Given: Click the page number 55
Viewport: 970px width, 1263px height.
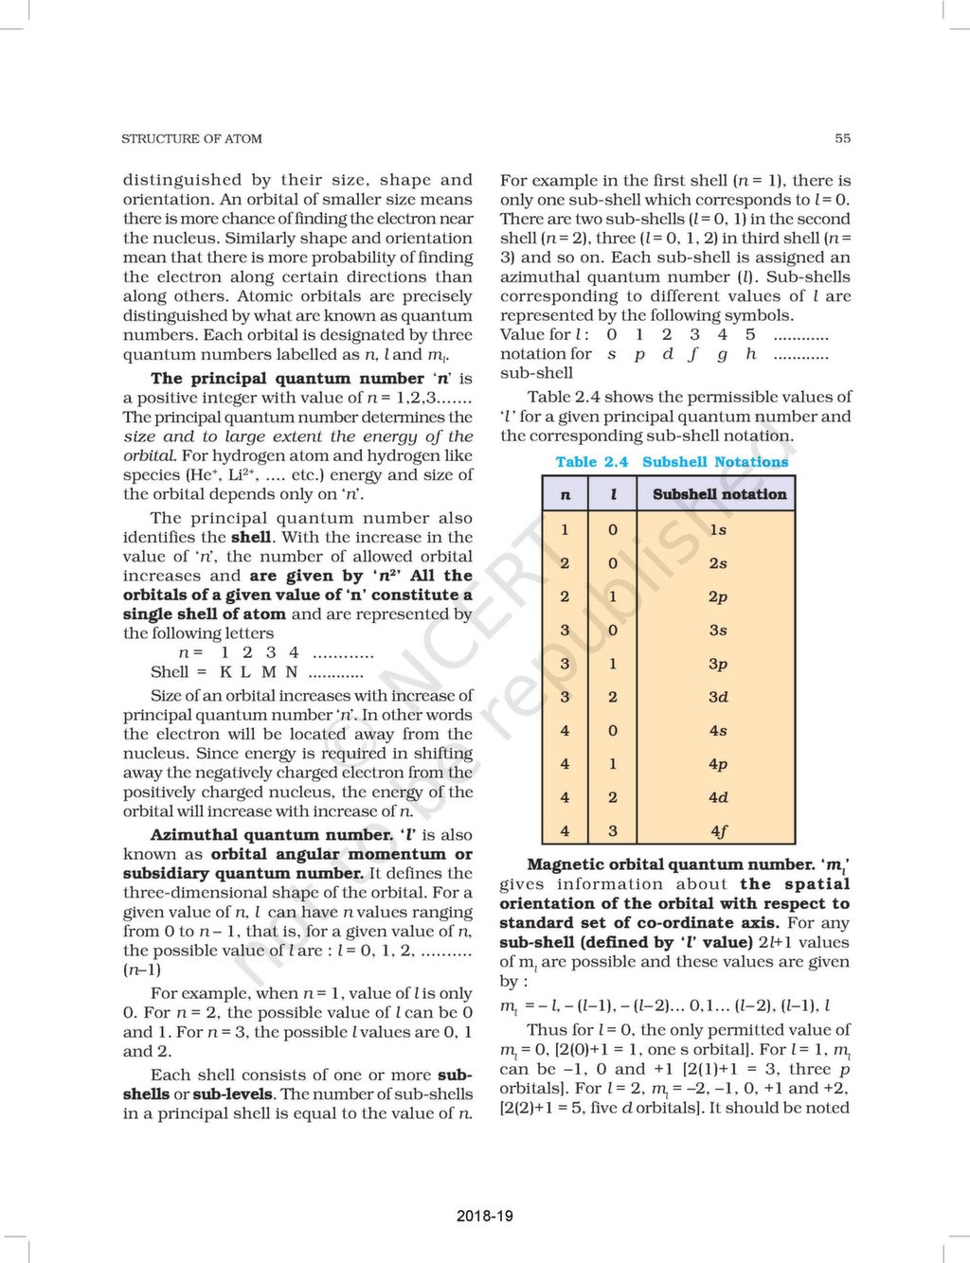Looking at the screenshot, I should click(842, 138).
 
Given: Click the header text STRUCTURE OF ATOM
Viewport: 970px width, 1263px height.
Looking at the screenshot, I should click(191, 138).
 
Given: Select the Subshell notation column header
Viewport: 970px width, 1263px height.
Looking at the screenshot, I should click(719, 494).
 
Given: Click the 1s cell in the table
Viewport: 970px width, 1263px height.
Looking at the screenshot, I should click(718, 530).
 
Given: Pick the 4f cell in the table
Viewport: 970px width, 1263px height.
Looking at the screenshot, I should click(718, 831).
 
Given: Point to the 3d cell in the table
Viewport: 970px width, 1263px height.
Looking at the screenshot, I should click(718, 698).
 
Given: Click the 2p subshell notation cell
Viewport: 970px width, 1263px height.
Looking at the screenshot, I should click(718, 597).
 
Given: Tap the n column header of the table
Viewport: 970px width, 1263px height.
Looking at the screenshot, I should click(566, 494).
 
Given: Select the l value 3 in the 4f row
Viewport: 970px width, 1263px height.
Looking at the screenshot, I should click(613, 831).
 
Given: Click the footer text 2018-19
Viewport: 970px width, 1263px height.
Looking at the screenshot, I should click(484, 1216).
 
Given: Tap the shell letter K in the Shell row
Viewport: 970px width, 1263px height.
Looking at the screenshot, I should click(225, 672).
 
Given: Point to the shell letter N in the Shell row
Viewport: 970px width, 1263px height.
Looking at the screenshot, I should click(292, 672).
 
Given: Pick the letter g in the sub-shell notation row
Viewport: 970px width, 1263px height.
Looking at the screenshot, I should click(723, 354).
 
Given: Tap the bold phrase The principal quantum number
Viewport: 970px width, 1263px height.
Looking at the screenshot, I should click(287, 379).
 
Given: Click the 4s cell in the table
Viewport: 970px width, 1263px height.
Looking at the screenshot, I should click(718, 731).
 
